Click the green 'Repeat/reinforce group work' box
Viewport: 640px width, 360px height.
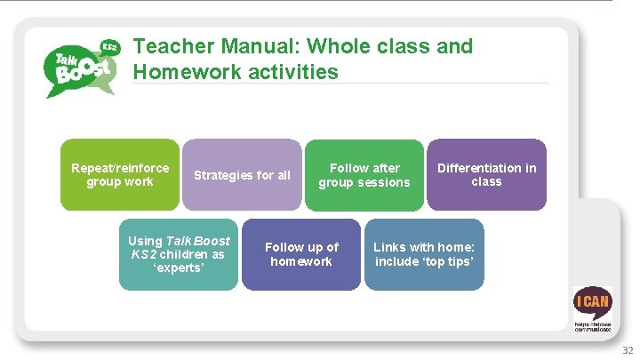[119, 174]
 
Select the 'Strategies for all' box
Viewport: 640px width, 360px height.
[242, 174]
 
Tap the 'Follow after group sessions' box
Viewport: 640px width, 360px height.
[364, 174]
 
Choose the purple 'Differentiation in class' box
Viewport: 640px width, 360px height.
[486, 174]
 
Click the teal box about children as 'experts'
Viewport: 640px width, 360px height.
[179, 254]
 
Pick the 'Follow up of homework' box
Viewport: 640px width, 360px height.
[301, 254]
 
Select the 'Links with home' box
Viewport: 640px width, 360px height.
[424, 254]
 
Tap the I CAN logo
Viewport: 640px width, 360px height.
[592, 307]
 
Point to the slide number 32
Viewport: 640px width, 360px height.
[628, 351]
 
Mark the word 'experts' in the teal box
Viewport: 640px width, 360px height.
[178, 268]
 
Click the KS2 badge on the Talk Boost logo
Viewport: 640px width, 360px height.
[110, 46]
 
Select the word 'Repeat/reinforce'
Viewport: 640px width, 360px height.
[120, 168]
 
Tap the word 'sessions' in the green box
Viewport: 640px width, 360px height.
[386, 182]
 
